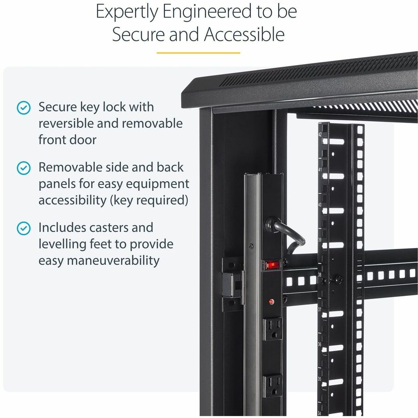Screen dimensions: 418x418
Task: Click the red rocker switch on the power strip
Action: click(272, 265)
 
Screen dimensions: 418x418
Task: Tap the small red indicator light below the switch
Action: click(271, 301)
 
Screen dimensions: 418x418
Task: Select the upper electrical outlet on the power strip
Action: click(273, 328)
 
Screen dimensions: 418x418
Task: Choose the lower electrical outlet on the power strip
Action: click(273, 385)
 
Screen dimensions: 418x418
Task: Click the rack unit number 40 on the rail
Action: click(320, 204)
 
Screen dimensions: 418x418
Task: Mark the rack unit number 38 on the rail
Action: click(320, 274)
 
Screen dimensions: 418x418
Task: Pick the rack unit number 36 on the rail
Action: click(320, 344)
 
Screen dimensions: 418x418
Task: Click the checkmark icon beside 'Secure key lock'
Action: click(24, 108)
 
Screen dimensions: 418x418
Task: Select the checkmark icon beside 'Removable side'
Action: click(24, 168)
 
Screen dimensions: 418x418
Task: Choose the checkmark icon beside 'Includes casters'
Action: click(24, 229)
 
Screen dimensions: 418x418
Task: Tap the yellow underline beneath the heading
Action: click(198, 53)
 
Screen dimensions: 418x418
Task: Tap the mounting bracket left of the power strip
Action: click(232, 284)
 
